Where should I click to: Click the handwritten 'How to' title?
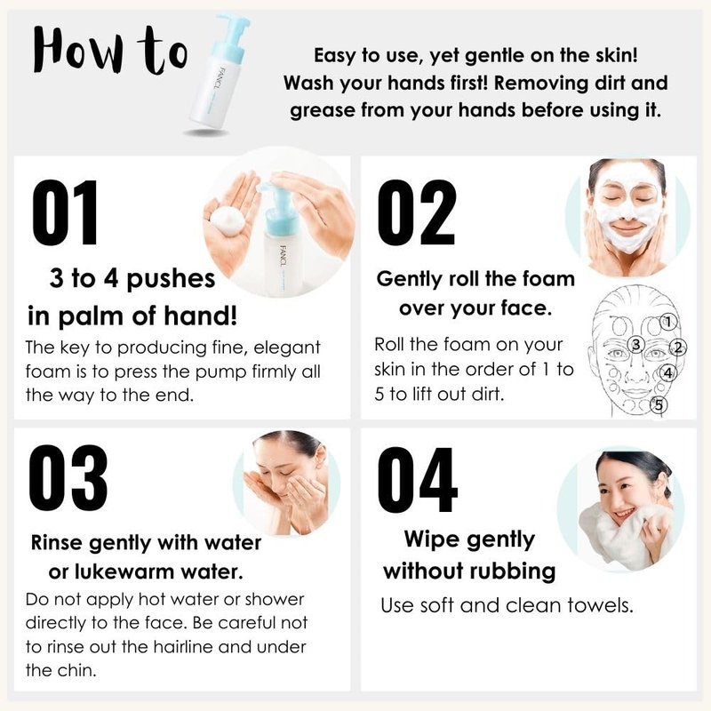pos(109,51)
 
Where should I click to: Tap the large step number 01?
pos(65,212)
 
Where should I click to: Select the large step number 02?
pos(416,212)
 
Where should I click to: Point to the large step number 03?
pos(68,478)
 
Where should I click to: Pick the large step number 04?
pos(417,480)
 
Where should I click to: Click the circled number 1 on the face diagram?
pos(667,322)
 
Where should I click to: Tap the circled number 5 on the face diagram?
pos(659,404)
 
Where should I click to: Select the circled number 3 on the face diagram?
pos(635,345)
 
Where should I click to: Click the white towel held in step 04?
pos(625,537)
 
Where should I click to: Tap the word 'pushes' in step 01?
pos(171,279)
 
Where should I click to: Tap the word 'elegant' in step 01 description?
pos(286,348)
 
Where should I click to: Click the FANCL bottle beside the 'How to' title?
pos(219,72)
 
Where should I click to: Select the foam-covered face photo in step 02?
pos(627,218)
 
